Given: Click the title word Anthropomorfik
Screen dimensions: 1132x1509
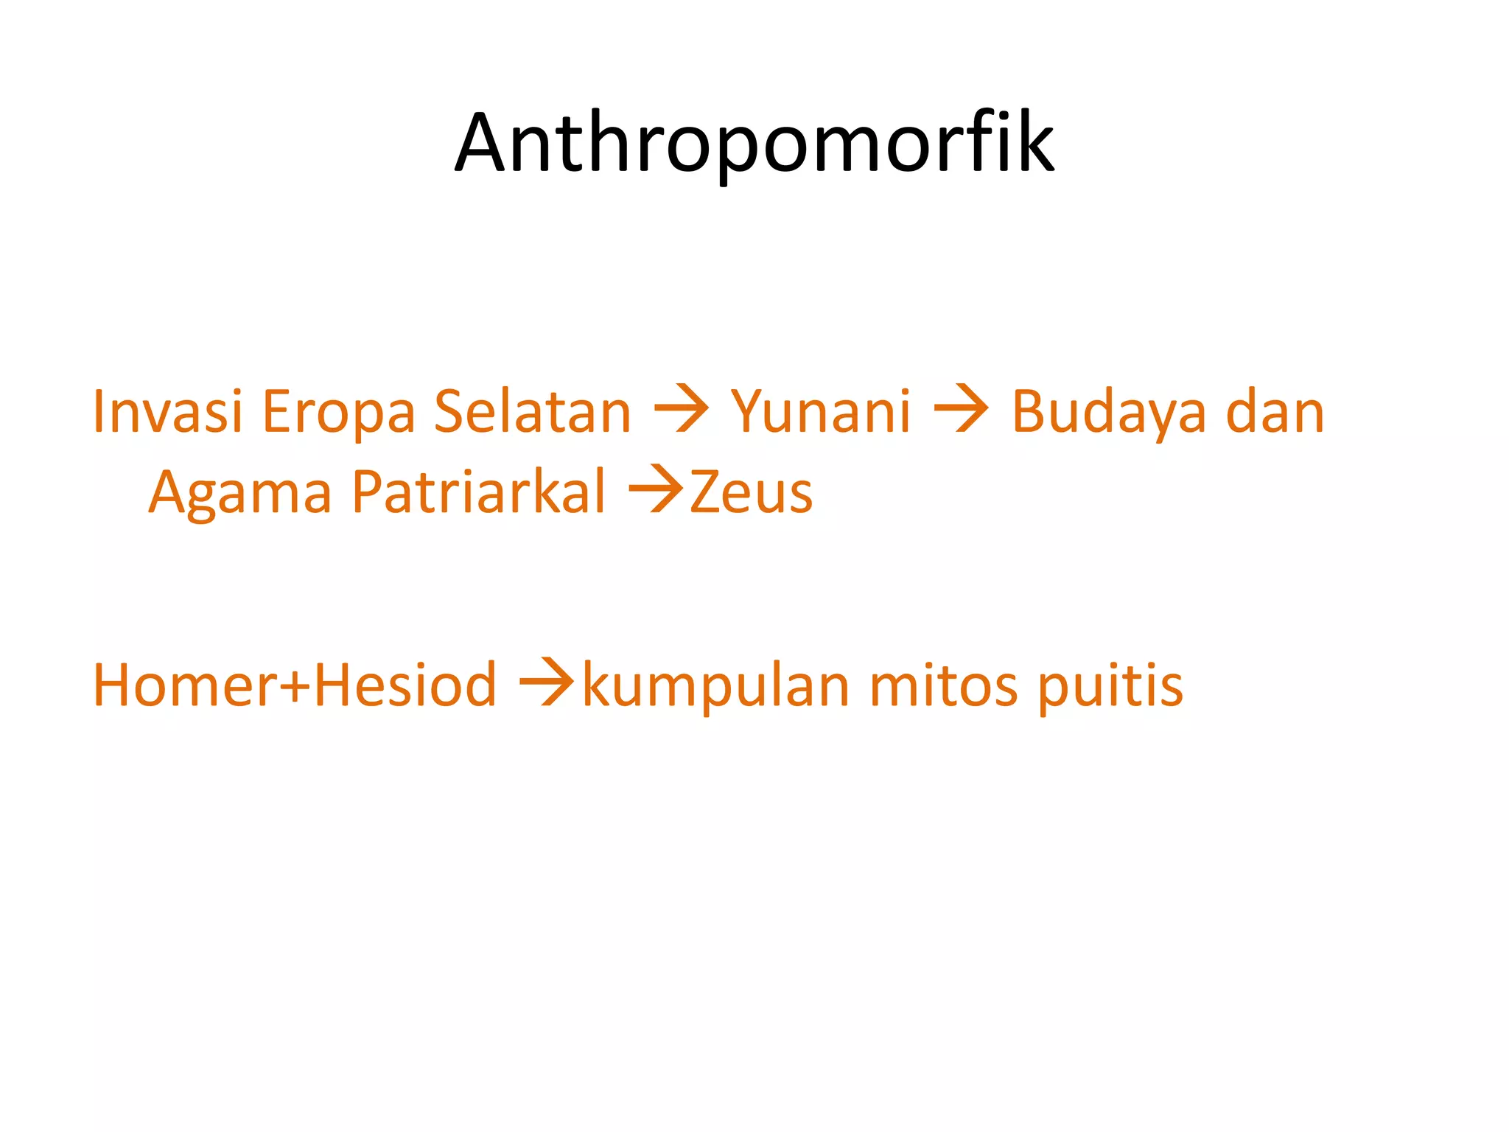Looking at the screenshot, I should click(754, 143).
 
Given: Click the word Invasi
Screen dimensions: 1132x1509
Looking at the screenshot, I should click(167, 411).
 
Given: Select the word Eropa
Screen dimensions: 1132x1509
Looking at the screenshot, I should click(339, 413).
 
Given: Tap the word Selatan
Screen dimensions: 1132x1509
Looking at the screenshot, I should click(532, 411).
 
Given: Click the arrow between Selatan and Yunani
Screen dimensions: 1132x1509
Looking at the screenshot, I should click(681, 410).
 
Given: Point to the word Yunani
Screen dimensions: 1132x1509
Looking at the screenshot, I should click(820, 411).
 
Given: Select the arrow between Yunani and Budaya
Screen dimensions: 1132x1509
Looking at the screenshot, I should click(961, 410).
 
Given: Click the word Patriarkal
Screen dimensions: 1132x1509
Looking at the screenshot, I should click(478, 492).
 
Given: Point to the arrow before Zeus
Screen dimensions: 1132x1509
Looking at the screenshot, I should click(656, 491).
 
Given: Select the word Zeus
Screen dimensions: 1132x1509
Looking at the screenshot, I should click(751, 492).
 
